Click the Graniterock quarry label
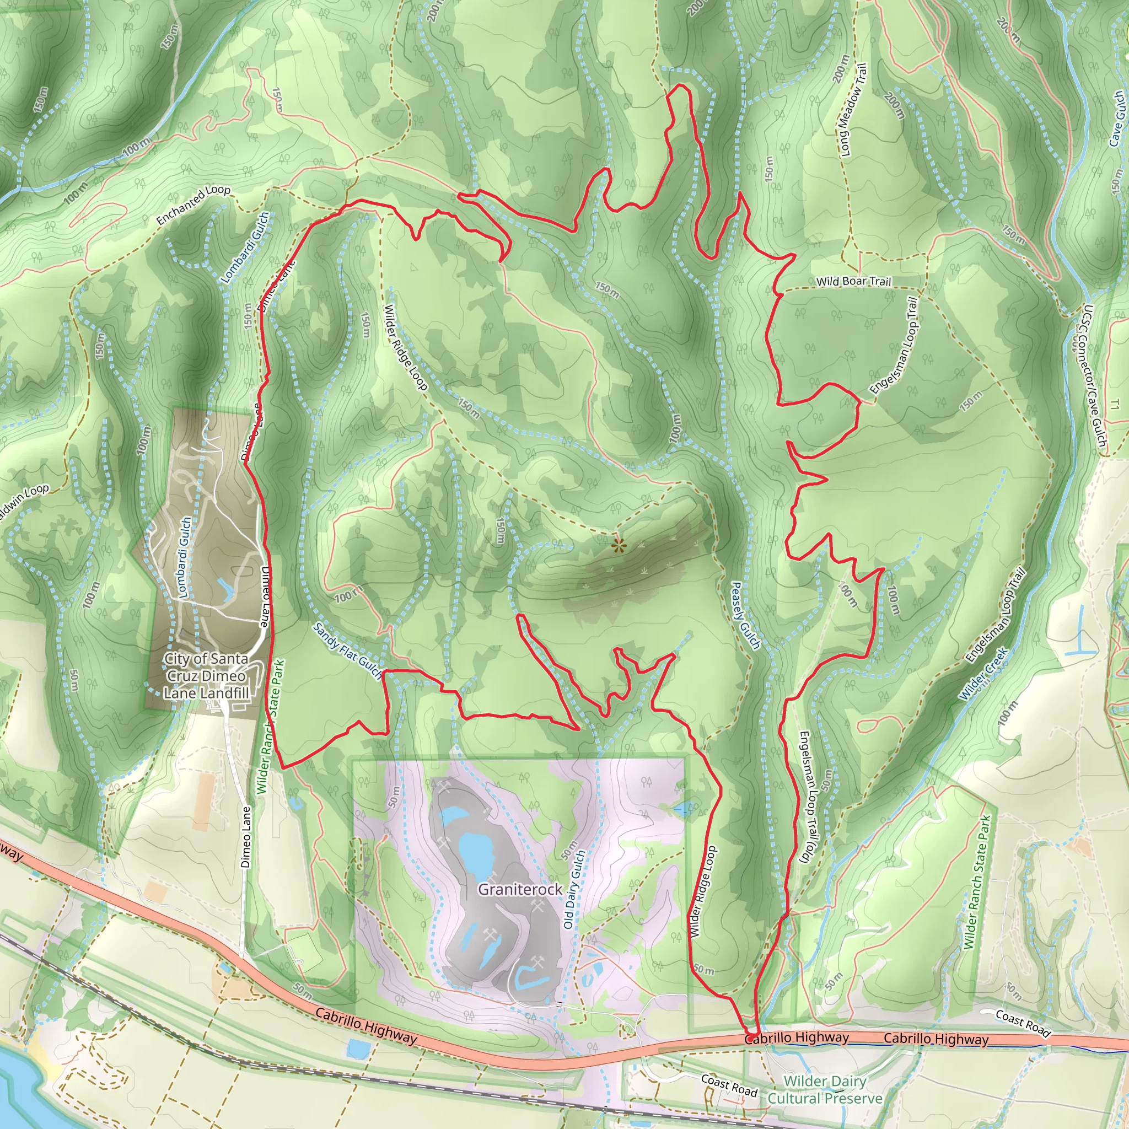point(519,889)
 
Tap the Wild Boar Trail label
point(853,282)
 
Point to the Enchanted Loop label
point(193,205)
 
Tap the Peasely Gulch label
point(746,615)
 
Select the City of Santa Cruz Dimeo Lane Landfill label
point(206,676)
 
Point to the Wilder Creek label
point(983,674)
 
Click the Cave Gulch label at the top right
point(1117,118)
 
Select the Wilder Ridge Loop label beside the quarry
point(702,892)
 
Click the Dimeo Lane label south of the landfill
point(246,837)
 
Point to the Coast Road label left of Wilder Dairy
point(729,1086)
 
